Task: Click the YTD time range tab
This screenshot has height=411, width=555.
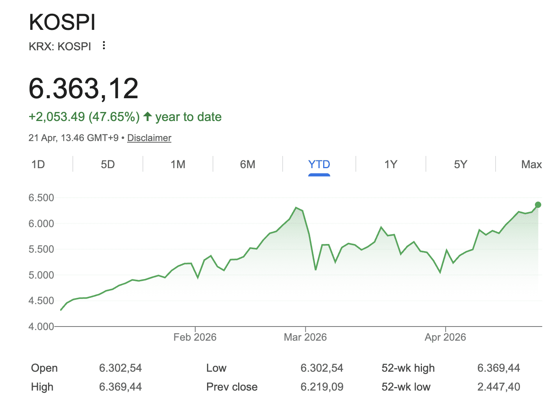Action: point(319,164)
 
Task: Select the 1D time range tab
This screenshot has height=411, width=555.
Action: point(38,164)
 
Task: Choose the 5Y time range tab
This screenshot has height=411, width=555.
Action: point(461,164)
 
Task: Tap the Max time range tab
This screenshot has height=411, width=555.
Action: point(531,164)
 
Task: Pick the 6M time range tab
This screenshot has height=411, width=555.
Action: point(248,164)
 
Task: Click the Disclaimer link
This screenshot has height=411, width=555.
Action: point(149,138)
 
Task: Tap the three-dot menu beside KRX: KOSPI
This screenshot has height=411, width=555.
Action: point(104,46)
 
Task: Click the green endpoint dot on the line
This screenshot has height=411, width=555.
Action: point(538,205)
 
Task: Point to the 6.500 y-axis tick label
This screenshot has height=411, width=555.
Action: point(41,198)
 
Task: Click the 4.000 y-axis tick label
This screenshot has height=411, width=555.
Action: point(41,327)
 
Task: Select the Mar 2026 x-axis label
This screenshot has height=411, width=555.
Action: point(305,337)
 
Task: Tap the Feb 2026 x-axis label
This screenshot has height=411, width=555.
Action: point(195,337)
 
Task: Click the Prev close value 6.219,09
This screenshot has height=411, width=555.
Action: point(322,387)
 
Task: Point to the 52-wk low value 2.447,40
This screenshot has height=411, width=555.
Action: point(498,387)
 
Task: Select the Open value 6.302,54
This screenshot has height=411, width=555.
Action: point(120,368)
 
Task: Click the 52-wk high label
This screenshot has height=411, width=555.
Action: point(408,368)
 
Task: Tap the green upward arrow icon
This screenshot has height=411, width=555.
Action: point(148,116)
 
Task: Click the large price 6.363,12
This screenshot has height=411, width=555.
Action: point(83,88)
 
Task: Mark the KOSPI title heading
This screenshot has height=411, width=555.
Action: point(62,22)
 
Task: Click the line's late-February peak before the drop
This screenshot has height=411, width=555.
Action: point(296,207)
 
